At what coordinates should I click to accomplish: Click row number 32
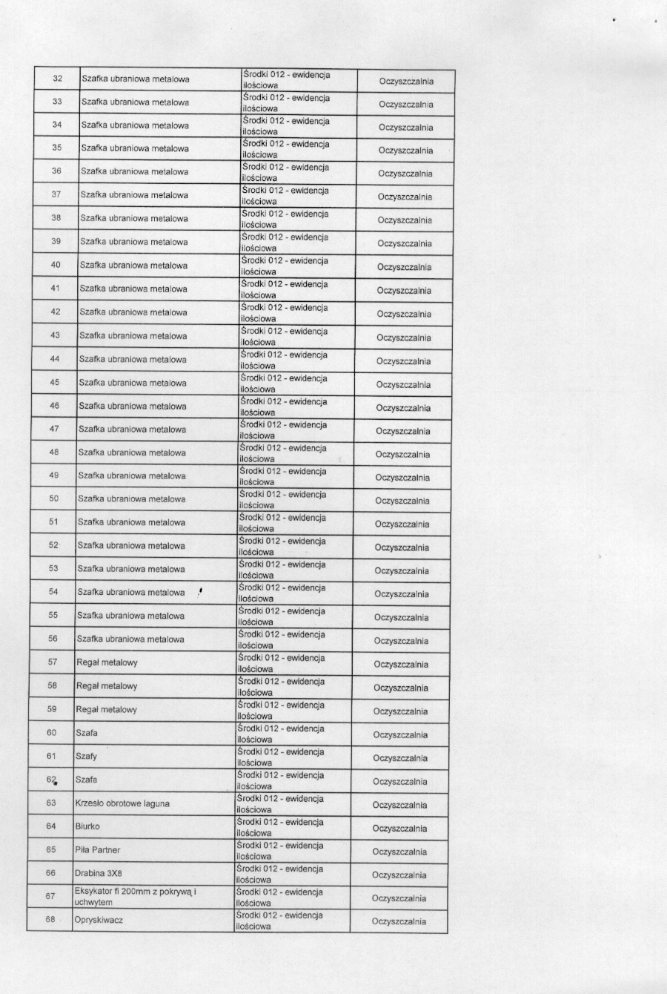click(58, 79)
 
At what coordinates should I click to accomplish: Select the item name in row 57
click(107, 662)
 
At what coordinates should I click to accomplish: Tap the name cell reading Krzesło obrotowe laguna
click(122, 803)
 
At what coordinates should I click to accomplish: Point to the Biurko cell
click(87, 826)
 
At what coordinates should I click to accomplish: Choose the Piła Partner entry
click(97, 850)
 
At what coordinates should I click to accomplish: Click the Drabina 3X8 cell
click(99, 874)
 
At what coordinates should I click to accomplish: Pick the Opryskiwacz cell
click(99, 920)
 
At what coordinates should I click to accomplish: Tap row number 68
click(50, 920)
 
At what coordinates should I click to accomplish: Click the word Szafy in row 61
click(87, 757)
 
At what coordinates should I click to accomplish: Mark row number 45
click(55, 383)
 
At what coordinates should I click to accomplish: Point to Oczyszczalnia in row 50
click(402, 501)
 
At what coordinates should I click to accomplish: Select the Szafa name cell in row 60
click(87, 733)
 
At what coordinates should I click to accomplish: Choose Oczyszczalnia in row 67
click(399, 898)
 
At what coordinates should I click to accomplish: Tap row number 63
click(51, 803)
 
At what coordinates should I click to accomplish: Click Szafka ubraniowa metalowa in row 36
click(135, 171)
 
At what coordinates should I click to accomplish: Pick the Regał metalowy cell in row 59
click(107, 710)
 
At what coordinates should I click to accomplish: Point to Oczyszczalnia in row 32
click(406, 82)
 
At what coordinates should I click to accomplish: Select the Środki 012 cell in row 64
click(280, 827)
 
